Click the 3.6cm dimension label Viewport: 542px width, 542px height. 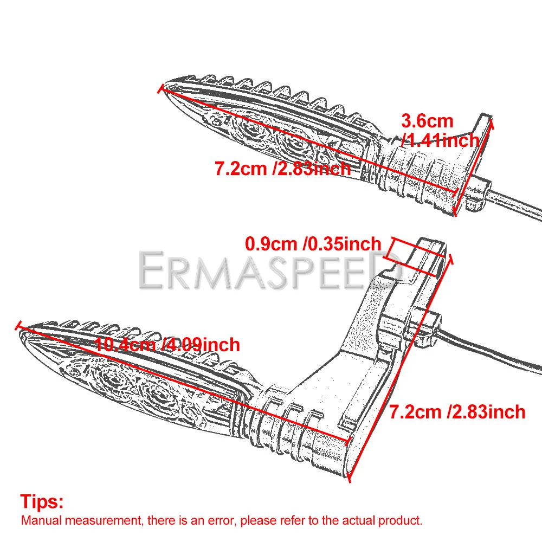pyautogui.click(x=427, y=121)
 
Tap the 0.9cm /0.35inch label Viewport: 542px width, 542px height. pyautogui.click(x=313, y=244)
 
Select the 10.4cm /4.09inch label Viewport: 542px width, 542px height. pyautogui.click(x=167, y=344)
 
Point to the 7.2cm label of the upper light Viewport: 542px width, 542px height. pyautogui.click(x=282, y=169)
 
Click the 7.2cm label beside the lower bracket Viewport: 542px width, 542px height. pyautogui.click(x=457, y=412)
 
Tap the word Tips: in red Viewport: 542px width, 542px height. pyautogui.click(x=42, y=502)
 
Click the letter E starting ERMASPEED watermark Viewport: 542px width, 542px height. pyautogui.click(x=152, y=270)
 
